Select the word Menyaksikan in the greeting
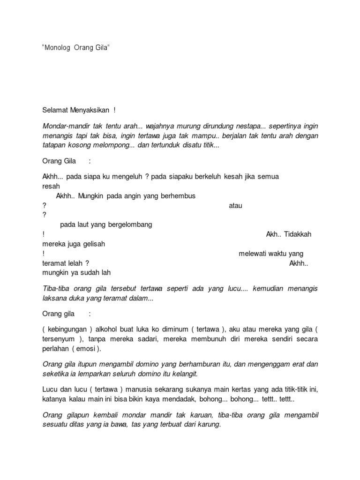point(90,110)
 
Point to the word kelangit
point(181,374)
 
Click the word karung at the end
point(208,425)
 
